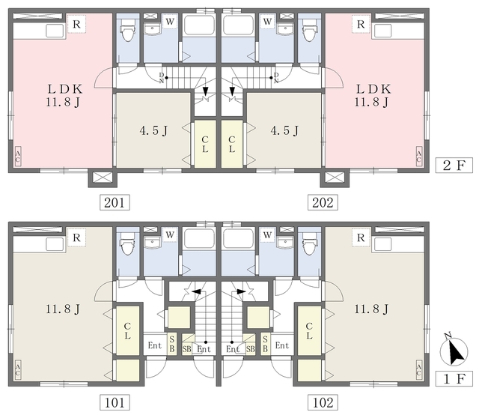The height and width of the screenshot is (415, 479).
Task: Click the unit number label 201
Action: pyautogui.click(x=115, y=202)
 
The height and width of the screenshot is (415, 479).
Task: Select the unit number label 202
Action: pyautogui.click(x=323, y=202)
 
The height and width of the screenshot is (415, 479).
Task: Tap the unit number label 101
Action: pyautogui.click(x=115, y=402)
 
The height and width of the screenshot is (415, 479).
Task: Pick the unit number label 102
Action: pyautogui.click(x=323, y=402)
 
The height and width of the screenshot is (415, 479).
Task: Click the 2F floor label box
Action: pyautogui.click(x=454, y=166)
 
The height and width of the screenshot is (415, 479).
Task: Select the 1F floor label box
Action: pyautogui.click(x=454, y=379)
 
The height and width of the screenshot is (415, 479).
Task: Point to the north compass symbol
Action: pyautogui.click(x=454, y=351)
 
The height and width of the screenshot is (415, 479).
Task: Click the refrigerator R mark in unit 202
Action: pyautogui.click(x=361, y=24)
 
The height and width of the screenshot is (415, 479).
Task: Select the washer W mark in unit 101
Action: pyautogui.click(x=170, y=235)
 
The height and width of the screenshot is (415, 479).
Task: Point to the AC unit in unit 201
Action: pyautogui.click(x=18, y=157)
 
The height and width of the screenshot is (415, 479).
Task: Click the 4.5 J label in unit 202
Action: pyautogui.click(x=284, y=131)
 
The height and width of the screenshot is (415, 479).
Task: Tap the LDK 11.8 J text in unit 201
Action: pyautogui.click(x=64, y=95)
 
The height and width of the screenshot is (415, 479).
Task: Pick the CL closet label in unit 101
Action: pyautogui.click(x=127, y=330)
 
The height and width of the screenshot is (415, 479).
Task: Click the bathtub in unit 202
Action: pyautogui.click(x=238, y=25)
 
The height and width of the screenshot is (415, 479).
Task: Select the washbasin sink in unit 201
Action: pyautogui.click(x=153, y=29)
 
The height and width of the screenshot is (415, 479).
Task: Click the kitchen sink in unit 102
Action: pyautogui.click(x=383, y=244)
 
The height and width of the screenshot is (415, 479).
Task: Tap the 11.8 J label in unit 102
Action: pyautogui.click(x=371, y=309)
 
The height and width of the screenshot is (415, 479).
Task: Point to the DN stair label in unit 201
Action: pyautogui.click(x=162, y=78)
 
